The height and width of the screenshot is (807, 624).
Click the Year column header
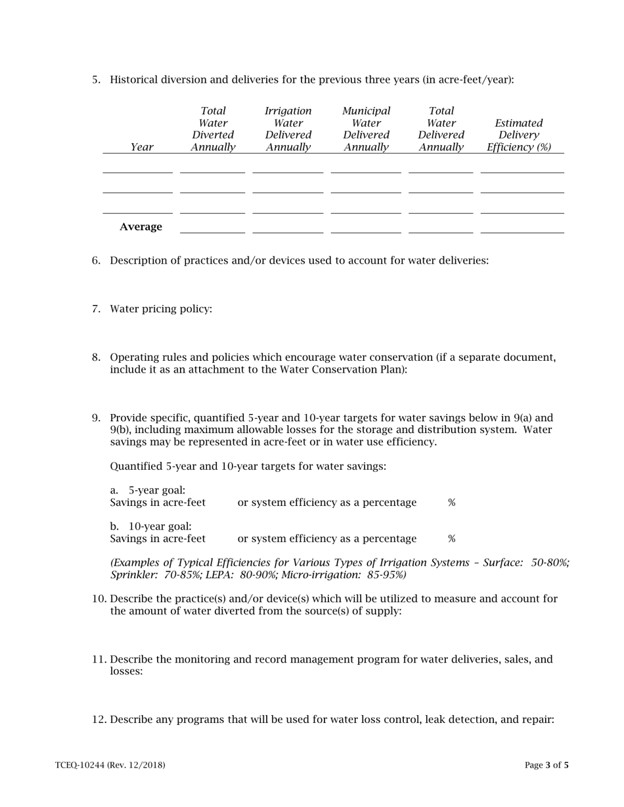[142, 148]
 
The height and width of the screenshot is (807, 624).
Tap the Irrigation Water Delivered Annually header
[288, 129]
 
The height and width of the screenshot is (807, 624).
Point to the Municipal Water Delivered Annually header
[366, 129]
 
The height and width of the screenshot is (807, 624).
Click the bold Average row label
[141, 227]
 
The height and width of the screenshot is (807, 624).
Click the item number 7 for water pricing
[96, 309]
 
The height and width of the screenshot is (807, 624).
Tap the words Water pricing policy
[161, 309]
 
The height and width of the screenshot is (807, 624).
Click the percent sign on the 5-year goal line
[452, 503]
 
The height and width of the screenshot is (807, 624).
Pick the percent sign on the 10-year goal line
[452, 539]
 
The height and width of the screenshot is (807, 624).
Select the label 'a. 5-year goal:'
[148, 491]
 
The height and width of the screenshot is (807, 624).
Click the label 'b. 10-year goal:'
[151, 527]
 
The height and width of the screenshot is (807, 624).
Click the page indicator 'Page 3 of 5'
[546, 765]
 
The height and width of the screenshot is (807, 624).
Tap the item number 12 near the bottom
[99, 720]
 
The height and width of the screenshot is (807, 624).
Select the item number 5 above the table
[96, 80]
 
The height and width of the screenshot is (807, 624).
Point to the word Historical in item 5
[135, 80]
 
